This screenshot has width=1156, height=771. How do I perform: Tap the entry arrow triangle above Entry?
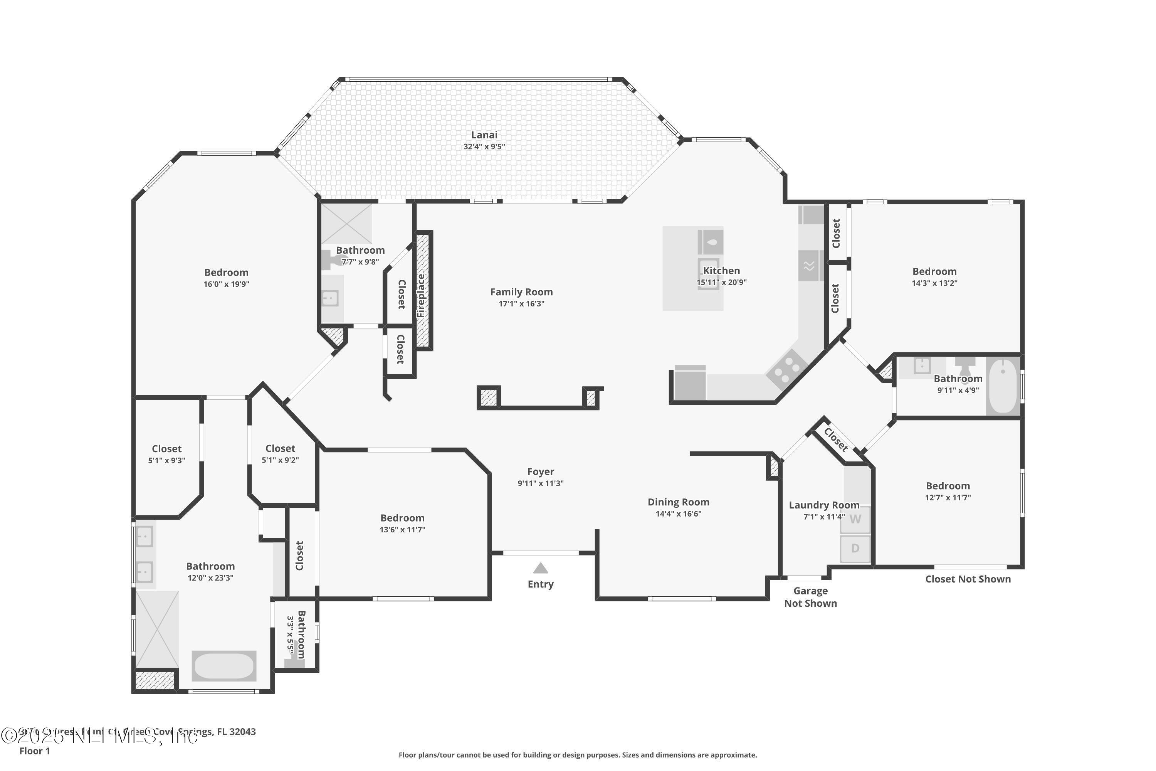(x=540, y=568)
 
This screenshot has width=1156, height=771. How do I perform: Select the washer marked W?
(x=855, y=520)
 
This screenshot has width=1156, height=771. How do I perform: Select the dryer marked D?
(x=855, y=549)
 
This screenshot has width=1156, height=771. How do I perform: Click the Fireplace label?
(x=421, y=295)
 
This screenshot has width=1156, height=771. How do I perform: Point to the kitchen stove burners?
(x=786, y=369)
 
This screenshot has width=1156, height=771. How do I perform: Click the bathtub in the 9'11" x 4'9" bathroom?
(x=1003, y=386)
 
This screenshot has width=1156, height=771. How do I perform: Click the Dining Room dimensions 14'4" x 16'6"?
(x=678, y=514)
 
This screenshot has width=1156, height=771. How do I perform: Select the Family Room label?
(x=521, y=292)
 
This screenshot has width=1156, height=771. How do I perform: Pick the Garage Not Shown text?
(x=810, y=597)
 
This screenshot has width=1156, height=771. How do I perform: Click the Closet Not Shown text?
(x=967, y=579)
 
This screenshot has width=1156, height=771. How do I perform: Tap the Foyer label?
(x=540, y=472)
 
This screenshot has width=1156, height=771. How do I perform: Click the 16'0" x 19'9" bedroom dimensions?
(x=226, y=284)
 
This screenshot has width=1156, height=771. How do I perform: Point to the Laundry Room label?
(x=824, y=505)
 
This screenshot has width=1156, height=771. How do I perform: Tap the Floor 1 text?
(x=34, y=751)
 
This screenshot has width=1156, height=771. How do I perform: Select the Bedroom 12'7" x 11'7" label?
(x=947, y=486)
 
